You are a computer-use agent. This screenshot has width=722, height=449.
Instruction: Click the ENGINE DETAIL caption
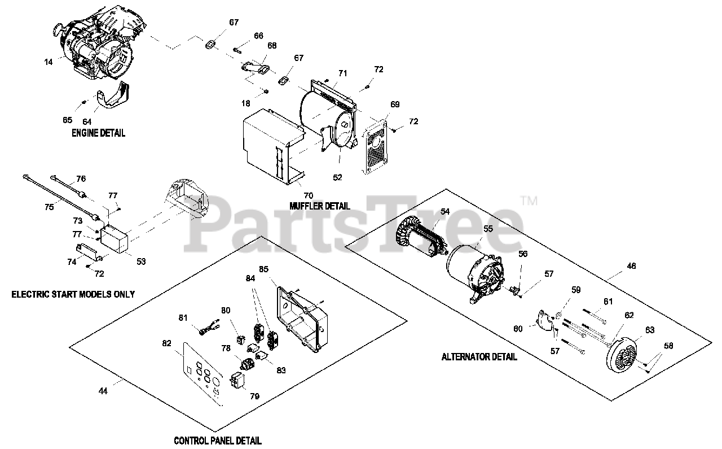(98, 133)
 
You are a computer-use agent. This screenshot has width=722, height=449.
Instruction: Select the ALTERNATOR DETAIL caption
(479, 356)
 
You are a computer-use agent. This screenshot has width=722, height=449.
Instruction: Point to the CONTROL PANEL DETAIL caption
(217, 441)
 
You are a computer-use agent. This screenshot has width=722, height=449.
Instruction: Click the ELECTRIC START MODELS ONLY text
(73, 294)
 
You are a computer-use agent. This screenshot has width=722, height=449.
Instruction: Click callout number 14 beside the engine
(49, 62)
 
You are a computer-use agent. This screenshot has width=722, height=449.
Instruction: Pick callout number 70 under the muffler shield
(309, 195)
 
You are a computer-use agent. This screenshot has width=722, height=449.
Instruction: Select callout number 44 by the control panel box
(103, 390)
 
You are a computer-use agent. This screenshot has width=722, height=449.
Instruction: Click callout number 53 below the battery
(140, 261)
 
